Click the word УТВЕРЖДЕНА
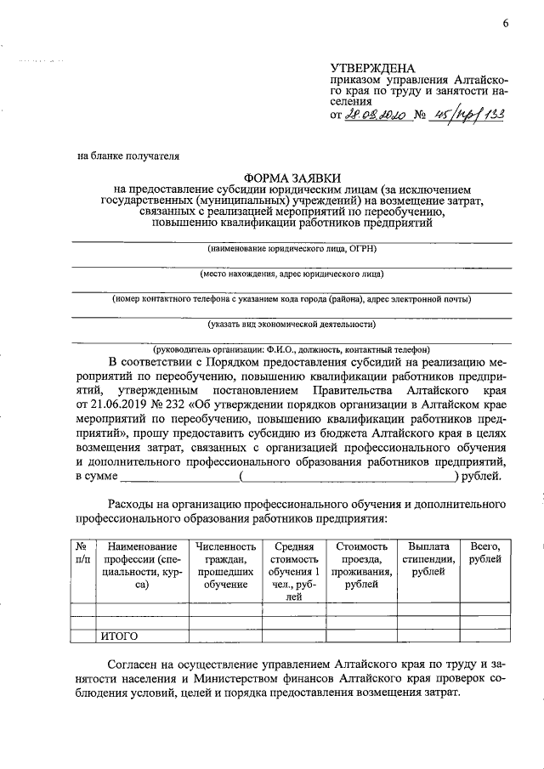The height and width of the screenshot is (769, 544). [x=372, y=68]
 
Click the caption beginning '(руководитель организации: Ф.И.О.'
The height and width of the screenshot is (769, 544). [x=292, y=349]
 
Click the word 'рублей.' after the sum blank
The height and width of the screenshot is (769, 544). [x=481, y=476]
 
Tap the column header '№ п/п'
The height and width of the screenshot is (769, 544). [x=82, y=553]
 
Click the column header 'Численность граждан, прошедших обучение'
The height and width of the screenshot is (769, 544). [x=225, y=565]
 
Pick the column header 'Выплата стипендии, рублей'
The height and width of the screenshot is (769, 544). [x=432, y=559]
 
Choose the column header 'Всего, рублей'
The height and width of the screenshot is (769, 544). [x=484, y=553]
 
